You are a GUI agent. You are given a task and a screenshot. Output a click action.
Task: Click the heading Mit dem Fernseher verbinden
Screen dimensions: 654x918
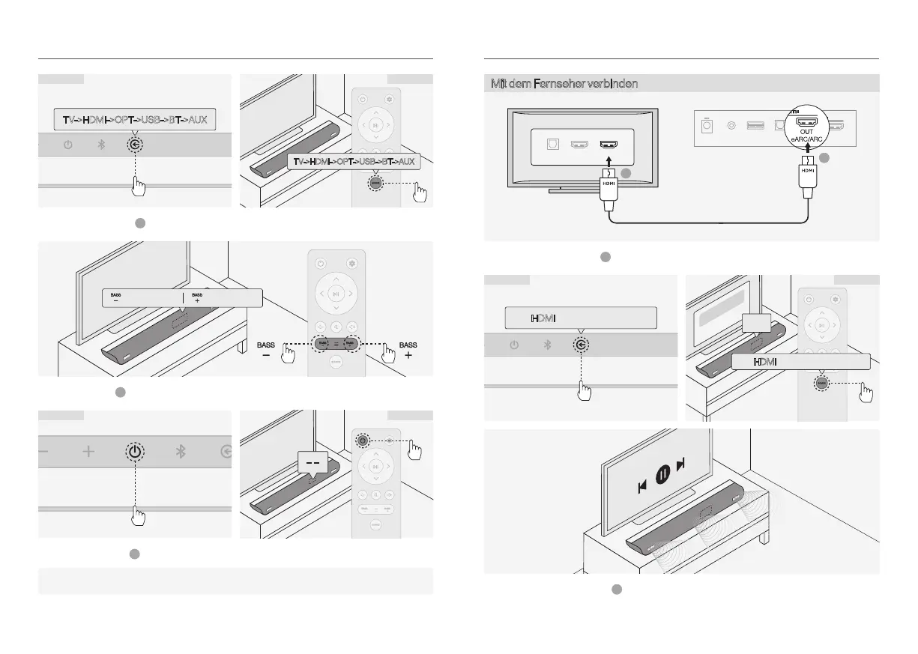click(x=564, y=83)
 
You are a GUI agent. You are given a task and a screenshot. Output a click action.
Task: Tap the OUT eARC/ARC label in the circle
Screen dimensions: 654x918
click(x=806, y=136)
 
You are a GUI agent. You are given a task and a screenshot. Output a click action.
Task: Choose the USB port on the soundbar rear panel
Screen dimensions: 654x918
click(x=753, y=124)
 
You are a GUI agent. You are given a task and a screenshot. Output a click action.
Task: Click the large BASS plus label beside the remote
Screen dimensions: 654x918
click(x=408, y=350)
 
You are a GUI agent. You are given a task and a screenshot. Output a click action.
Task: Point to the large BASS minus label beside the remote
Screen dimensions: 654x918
click(x=266, y=350)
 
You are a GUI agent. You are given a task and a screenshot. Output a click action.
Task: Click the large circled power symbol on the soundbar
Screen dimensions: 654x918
click(x=133, y=452)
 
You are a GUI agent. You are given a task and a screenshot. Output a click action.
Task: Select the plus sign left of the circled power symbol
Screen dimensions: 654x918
click(x=89, y=452)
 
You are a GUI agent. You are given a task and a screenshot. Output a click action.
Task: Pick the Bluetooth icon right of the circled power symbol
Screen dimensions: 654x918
click(x=180, y=452)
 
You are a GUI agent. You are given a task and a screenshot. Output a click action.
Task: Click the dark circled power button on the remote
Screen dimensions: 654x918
click(x=363, y=440)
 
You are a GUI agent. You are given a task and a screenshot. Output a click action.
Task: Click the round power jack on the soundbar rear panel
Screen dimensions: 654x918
click(x=731, y=124)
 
